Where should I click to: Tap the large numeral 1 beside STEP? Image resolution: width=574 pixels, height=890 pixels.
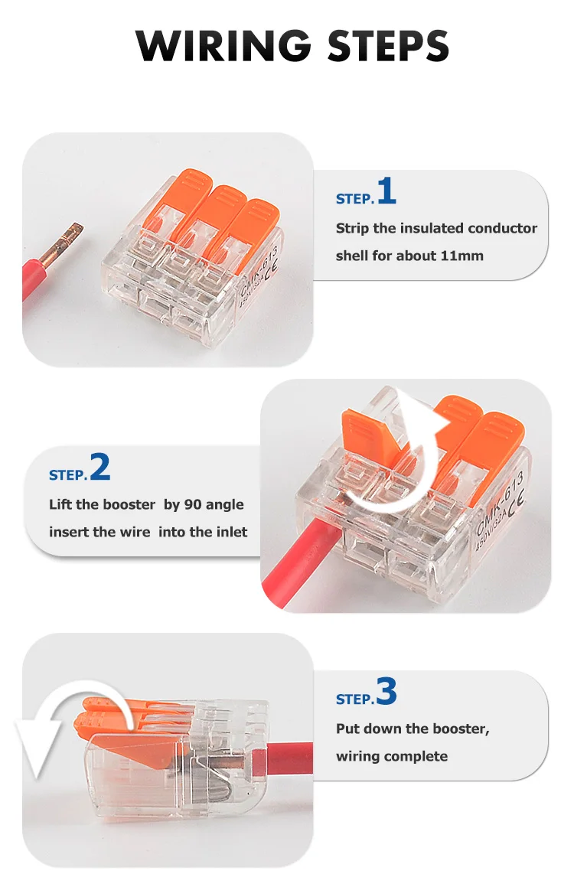(x=387, y=191)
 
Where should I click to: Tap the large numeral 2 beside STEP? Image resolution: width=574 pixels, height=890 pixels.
(x=100, y=468)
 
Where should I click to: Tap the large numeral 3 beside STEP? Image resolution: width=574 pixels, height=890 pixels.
(x=387, y=691)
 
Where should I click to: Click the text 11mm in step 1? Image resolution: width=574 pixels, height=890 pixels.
(x=461, y=256)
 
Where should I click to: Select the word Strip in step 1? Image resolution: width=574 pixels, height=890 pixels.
(x=352, y=228)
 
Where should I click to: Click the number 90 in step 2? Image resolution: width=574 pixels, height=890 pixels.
(x=193, y=504)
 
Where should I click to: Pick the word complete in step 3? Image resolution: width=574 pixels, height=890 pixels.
(x=419, y=756)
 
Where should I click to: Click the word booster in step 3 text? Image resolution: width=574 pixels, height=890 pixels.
(x=457, y=729)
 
